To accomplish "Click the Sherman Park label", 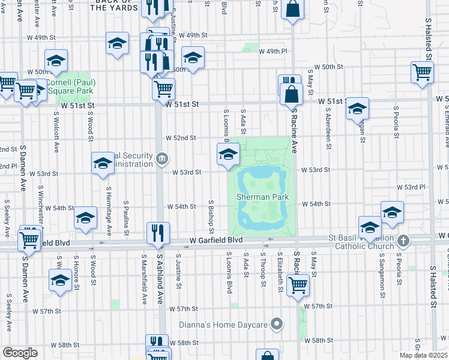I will click(262, 197).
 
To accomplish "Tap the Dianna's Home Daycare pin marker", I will click(277, 325).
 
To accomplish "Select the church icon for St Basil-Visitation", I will click(403, 241).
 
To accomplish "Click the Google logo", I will click(20, 353).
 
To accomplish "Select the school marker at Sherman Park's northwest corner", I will click(228, 155).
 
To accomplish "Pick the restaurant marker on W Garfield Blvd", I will click(158, 233).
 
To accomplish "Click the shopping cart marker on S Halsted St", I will click(423, 73).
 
